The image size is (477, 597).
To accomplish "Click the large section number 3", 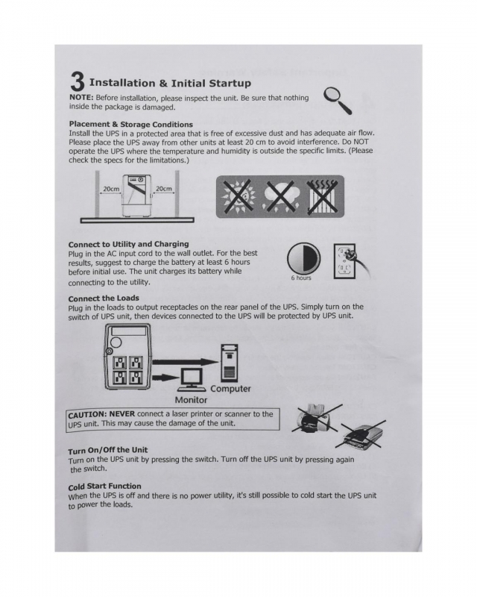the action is tap(78, 81).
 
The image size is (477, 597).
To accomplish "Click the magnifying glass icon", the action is tap(338, 100).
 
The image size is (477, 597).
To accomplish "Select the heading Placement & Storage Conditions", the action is tap(131, 124).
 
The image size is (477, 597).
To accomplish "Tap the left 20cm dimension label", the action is tap(111, 189).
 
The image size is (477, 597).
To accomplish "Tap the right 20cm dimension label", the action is tap(163, 189).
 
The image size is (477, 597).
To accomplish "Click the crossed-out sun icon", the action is tap(239, 196).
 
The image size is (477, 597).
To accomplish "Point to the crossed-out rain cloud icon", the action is tap(279, 197).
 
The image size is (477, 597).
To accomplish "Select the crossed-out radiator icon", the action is tap(322, 196).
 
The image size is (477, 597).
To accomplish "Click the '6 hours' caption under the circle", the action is tap(301, 278).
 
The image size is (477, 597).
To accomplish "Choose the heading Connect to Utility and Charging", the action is tap(129, 244).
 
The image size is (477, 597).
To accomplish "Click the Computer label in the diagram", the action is tap(230, 389).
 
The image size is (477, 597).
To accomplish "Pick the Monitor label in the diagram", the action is tap(191, 400).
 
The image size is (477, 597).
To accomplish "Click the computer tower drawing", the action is tap(230, 363).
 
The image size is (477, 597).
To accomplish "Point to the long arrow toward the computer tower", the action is tap(184, 361).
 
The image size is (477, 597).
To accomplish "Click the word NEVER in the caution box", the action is tap(122, 414).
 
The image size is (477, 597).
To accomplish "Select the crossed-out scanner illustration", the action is tap(361, 434).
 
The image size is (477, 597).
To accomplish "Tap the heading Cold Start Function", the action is tap(104, 487).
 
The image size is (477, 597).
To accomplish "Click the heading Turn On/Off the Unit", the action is tap(107, 451).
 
